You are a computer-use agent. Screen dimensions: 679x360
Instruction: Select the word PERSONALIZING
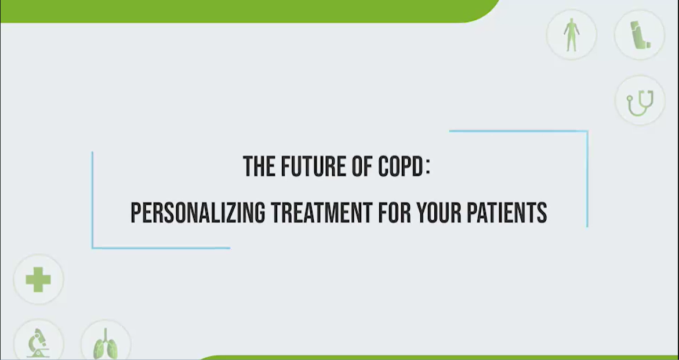pos(198,213)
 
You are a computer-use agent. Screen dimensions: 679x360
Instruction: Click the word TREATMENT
pos(322,213)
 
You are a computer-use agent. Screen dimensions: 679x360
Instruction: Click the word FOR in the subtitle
pos(394,213)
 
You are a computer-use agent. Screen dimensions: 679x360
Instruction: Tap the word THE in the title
pos(259,166)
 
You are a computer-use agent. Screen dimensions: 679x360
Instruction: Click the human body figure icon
pos(572,35)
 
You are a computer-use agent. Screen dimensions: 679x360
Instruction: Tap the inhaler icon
pos(640,35)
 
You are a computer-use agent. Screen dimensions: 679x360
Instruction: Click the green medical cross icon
pos(38,279)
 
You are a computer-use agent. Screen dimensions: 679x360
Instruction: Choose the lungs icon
pos(105,344)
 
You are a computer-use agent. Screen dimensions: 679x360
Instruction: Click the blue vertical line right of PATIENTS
pos(587,179)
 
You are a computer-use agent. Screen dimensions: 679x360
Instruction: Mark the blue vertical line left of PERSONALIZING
pos(92,200)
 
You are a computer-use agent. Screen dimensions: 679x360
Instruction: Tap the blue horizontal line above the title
pos(518,131)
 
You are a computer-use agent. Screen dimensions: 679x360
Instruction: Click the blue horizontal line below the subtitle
pos(161,248)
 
